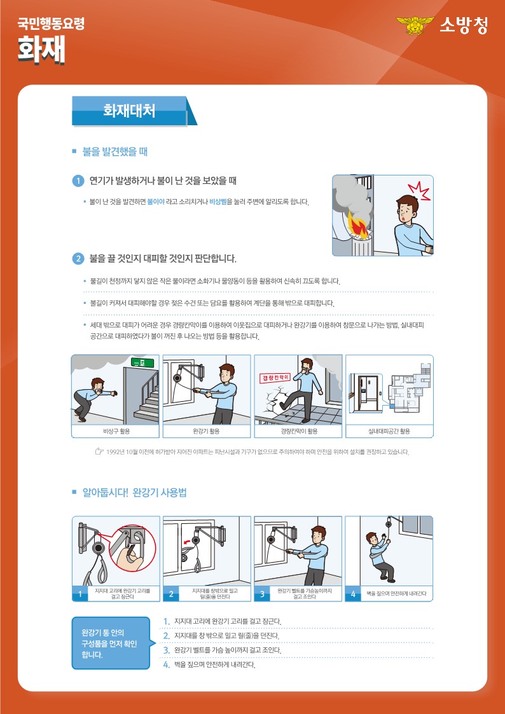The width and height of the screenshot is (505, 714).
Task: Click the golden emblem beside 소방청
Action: click(x=415, y=25)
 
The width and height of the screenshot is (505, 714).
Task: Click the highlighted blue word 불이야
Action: click(x=156, y=202)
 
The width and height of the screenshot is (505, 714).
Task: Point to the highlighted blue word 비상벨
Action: click(x=218, y=202)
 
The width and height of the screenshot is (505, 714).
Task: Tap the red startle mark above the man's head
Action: click(x=419, y=190)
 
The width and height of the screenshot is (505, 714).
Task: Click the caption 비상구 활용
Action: click(x=116, y=431)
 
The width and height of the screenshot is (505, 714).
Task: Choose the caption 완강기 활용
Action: click(x=207, y=431)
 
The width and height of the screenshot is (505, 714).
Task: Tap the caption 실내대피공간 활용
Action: click(x=389, y=431)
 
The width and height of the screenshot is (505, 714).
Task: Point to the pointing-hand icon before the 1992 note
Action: click(x=99, y=452)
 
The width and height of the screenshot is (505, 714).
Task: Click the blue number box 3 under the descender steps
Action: click(x=262, y=594)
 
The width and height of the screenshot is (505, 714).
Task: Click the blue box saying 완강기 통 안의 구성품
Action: click(x=111, y=643)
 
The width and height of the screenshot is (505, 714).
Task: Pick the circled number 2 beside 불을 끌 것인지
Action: click(x=78, y=259)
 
